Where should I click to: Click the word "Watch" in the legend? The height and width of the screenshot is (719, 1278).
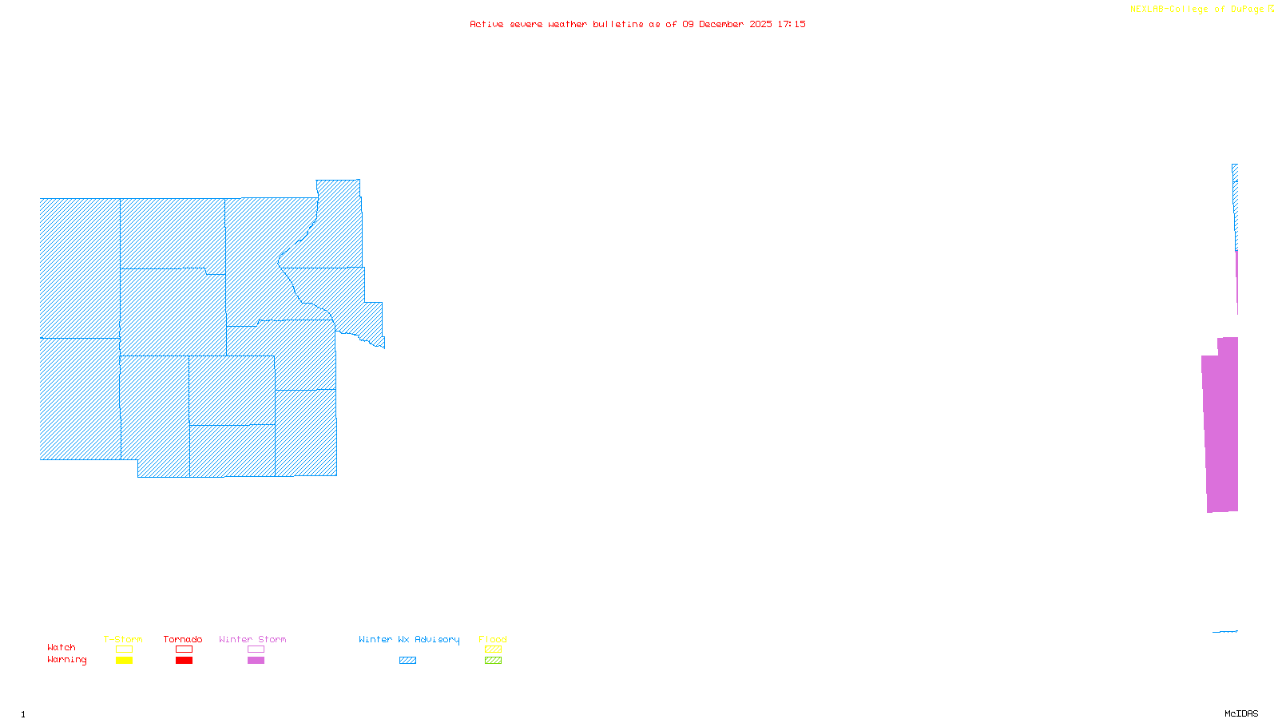coord(62,647)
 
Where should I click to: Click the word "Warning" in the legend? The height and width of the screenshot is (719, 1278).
coord(67,660)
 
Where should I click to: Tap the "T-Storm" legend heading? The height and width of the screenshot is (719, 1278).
coord(123,639)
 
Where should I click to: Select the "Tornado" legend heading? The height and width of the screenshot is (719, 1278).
coord(183,639)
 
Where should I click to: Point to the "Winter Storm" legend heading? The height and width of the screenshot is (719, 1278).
coord(252,639)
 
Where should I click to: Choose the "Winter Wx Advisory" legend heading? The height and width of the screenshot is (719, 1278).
coord(409,639)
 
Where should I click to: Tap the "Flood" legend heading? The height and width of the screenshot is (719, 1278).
coord(493,639)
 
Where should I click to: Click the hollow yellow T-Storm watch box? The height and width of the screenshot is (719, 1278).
coord(124,649)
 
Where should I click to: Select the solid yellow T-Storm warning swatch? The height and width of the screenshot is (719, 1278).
coord(124,661)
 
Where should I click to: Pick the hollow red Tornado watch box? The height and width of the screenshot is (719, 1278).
coord(184,649)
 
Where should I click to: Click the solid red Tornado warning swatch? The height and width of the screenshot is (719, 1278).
coord(184,661)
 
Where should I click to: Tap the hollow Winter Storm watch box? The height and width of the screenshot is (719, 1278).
coord(256,649)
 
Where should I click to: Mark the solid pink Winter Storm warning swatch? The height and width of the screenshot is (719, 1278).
coord(256,661)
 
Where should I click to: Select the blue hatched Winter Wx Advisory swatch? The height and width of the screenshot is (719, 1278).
coord(407,661)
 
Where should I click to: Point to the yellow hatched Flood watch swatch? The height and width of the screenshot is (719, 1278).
coord(493,649)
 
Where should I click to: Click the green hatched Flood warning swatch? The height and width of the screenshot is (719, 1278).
coord(493,661)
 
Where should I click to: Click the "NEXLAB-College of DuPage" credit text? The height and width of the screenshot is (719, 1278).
coord(1197,10)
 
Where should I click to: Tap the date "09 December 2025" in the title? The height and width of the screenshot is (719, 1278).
coord(727,24)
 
